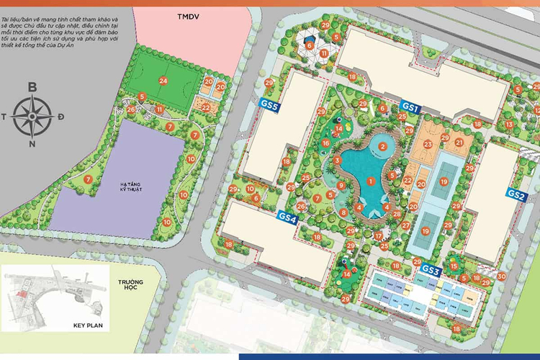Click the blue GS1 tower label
tap(410, 107)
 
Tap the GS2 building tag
tap(516, 194)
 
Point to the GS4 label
tap(287, 217)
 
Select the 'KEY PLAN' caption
tap(89, 325)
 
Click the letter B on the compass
tap(32, 87)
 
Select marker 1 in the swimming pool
tap(370, 181)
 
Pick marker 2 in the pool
tap(383, 146)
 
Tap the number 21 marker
tap(459, 142)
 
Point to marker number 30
tap(501, 276)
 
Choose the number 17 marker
tap(378, 235)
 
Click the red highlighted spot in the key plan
tap(22, 294)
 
